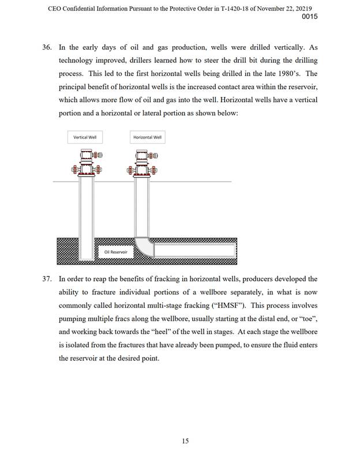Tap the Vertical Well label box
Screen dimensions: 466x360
(x=84, y=137)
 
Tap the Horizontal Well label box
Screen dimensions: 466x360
(x=147, y=137)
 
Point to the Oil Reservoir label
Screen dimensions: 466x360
(x=115, y=252)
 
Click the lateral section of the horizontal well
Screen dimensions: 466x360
(x=196, y=250)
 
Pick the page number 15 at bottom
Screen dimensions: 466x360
(x=185, y=441)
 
